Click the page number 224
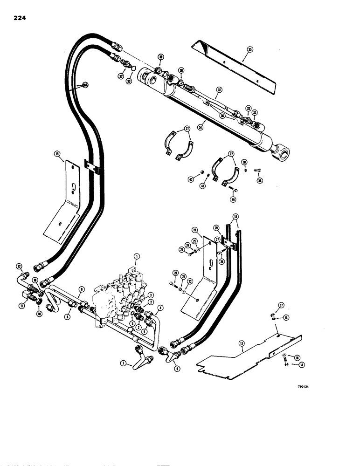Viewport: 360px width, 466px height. [20, 18]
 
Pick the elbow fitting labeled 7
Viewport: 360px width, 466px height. [142, 361]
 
